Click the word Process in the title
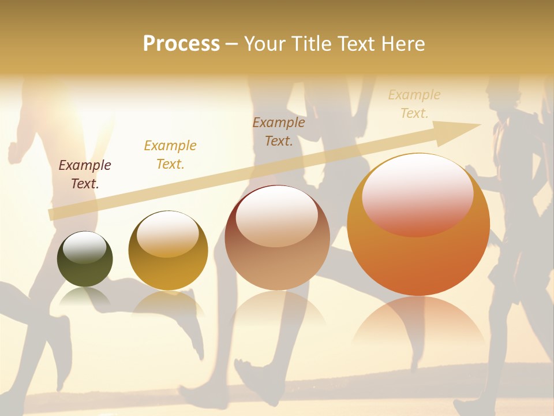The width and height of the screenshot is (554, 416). [181, 44]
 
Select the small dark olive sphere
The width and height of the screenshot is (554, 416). [85, 259]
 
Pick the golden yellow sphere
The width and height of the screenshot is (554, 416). [168, 251]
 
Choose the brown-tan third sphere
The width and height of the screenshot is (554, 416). [277, 237]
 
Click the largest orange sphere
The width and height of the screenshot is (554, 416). [418, 225]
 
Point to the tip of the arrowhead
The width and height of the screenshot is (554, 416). [480, 125]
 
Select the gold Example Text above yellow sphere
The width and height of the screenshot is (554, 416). [170, 155]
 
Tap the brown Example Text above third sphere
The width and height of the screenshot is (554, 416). [279, 131]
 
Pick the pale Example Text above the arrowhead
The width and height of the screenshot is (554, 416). [414, 104]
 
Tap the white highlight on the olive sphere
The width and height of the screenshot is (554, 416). [85, 248]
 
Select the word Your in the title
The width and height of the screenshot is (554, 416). [265, 44]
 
